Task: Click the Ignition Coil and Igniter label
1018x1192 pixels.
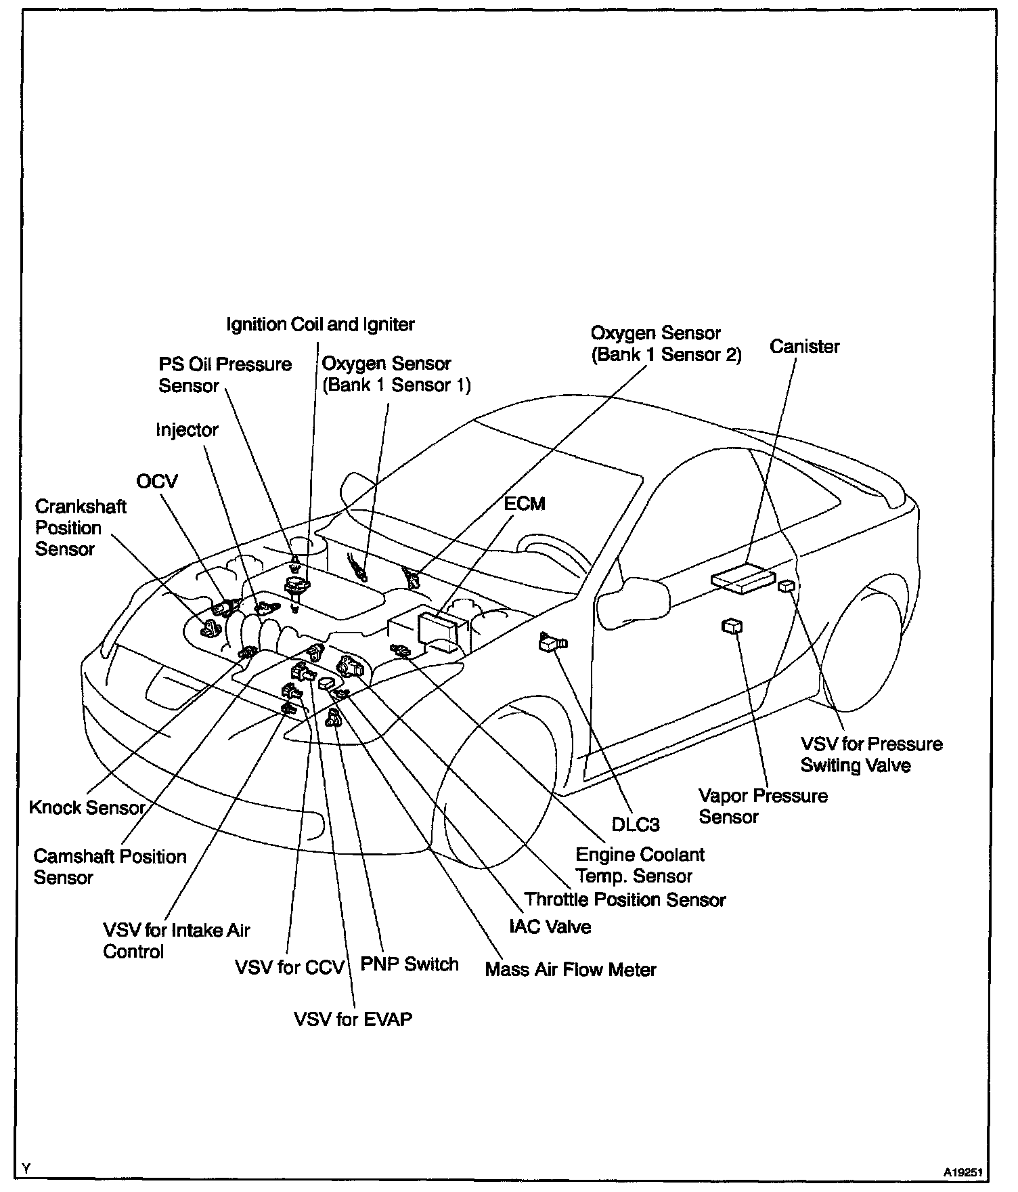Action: click(x=320, y=325)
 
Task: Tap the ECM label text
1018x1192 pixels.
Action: click(x=525, y=504)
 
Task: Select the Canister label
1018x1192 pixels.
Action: click(x=804, y=347)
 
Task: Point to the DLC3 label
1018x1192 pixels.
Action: click(x=635, y=824)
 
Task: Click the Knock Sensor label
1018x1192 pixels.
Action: click(x=87, y=807)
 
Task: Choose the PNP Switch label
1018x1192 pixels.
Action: click(x=410, y=964)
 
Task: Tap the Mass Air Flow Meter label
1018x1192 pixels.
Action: click(x=571, y=970)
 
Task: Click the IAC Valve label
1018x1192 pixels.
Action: click(x=550, y=927)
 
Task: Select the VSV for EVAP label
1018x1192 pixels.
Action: click(x=353, y=1019)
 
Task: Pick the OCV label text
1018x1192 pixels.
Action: click(x=157, y=482)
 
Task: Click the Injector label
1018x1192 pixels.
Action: click(x=187, y=430)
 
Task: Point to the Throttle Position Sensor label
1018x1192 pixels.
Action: click(x=625, y=899)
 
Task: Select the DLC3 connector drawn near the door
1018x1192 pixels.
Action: click(x=552, y=641)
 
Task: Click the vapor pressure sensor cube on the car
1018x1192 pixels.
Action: click(x=732, y=626)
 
